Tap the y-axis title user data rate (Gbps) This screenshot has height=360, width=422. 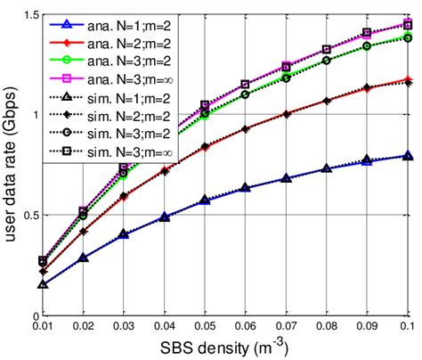11,165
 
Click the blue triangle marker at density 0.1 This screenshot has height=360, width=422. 407,156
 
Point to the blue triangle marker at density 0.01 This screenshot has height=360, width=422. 44,284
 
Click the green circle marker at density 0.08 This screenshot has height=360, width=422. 326,61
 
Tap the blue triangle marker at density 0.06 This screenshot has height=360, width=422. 245,188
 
